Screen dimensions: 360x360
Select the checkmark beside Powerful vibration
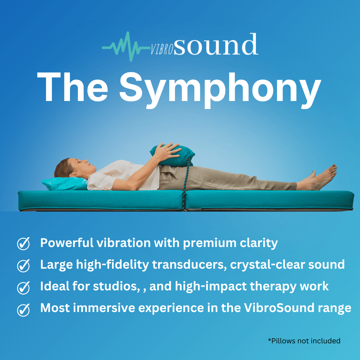click(x=23, y=244)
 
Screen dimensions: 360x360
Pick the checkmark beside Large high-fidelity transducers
click(x=23, y=265)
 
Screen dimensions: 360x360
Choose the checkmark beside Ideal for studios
click(x=23, y=287)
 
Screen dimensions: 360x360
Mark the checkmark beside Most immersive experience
click(x=23, y=309)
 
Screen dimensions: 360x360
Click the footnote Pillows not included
click(x=304, y=341)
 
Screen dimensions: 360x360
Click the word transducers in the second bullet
click(x=193, y=265)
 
